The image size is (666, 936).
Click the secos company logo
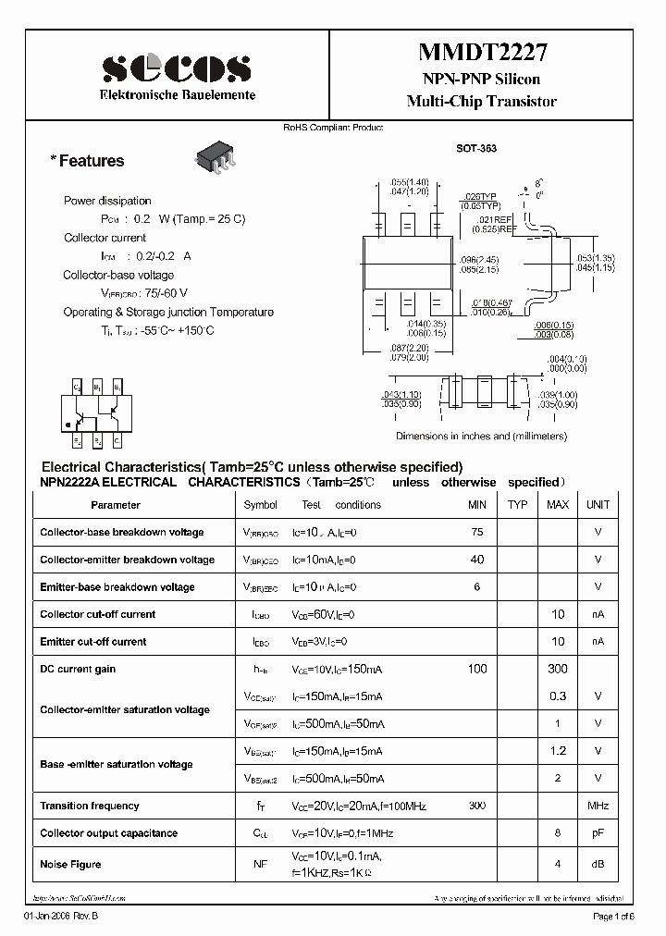176,68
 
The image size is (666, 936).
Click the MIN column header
477,505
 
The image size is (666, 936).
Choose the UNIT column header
598,505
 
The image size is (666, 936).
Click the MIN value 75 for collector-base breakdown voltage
477,532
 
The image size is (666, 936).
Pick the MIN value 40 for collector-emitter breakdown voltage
477,560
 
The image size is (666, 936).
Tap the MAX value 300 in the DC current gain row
558,669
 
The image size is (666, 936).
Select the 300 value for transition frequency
477,807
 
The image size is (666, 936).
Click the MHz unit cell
598,807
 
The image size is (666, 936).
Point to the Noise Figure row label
70,864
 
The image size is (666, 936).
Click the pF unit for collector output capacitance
598,833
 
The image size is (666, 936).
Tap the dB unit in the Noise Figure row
598,864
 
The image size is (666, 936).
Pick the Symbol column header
260,505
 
